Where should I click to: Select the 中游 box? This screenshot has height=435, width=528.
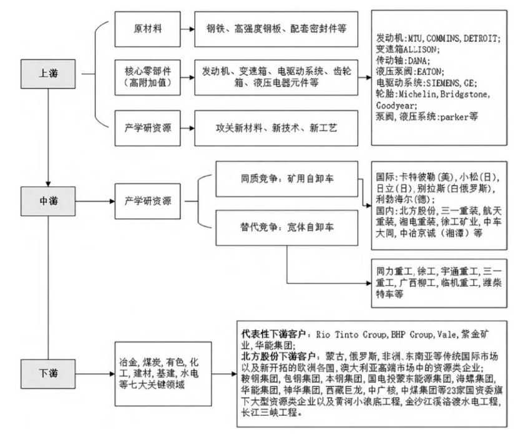tap(47, 201)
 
